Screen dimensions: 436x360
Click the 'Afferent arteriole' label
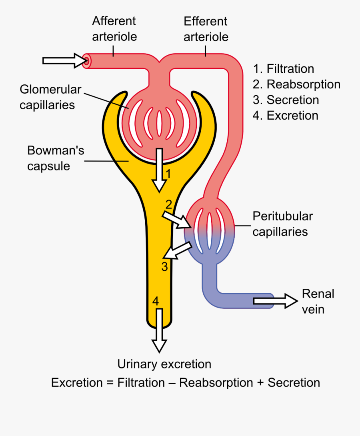click(x=114, y=29)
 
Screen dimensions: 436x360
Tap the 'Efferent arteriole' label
click(x=206, y=29)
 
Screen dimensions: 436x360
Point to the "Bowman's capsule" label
click(x=56, y=158)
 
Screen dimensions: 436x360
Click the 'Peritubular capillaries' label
click(x=282, y=224)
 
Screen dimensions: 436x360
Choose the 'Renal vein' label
click(x=318, y=301)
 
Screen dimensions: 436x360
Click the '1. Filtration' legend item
click(x=283, y=69)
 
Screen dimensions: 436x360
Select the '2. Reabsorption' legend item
click(x=296, y=84)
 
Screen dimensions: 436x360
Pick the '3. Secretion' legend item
click(x=286, y=100)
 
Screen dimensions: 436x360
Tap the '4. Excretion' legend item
click(x=285, y=116)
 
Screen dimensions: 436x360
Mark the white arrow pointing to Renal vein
click(x=275, y=301)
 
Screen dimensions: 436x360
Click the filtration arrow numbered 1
click(x=160, y=170)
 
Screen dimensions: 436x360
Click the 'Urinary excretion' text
click(x=164, y=364)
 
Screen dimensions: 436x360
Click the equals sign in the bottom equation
click(x=110, y=383)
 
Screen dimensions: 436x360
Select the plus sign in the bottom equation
click(x=260, y=383)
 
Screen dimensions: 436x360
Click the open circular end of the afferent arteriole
click(x=86, y=61)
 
